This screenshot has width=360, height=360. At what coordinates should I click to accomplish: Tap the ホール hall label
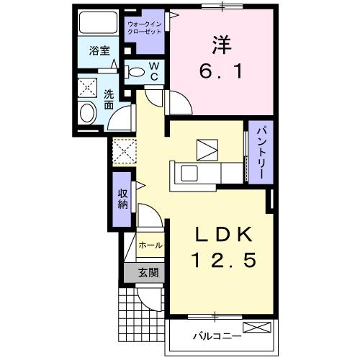point(150,246)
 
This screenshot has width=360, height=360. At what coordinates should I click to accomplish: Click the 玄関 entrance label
point(148,273)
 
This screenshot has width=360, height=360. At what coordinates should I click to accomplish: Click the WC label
point(153,71)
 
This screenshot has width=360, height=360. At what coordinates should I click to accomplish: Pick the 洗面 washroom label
point(109,99)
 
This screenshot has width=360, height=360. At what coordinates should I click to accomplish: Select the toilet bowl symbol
point(135,71)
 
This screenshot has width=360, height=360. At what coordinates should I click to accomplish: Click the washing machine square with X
point(90,87)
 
